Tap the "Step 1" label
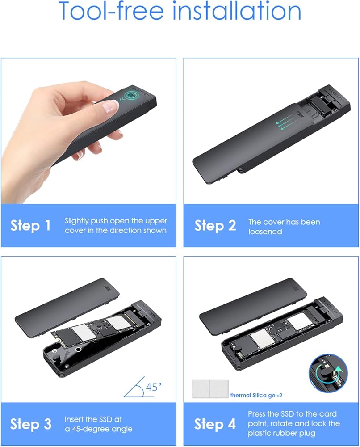[x=30, y=225]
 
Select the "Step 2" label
[x=215, y=225]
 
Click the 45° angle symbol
[x=142, y=387]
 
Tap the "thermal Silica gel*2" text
[x=256, y=396]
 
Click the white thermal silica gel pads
[x=210, y=388]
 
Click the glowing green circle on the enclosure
[x=131, y=96]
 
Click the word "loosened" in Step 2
[x=265, y=232]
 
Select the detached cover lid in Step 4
[x=253, y=304]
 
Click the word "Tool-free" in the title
[x=111, y=10]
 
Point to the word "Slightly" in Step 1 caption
[x=76, y=221]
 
